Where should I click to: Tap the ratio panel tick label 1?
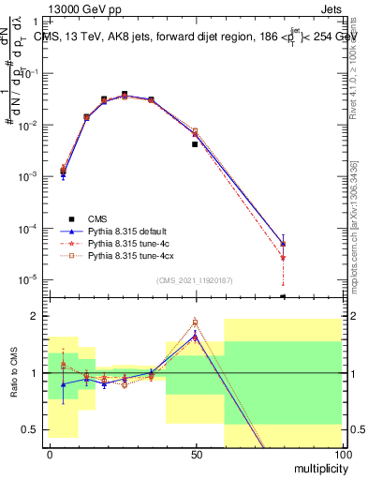pyautogui.click(x=34, y=373)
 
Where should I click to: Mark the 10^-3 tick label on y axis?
pyautogui.click(x=29, y=176)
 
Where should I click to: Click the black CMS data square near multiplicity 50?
pyautogui.click(x=195, y=144)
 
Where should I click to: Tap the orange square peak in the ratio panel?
pyautogui.click(x=195, y=322)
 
